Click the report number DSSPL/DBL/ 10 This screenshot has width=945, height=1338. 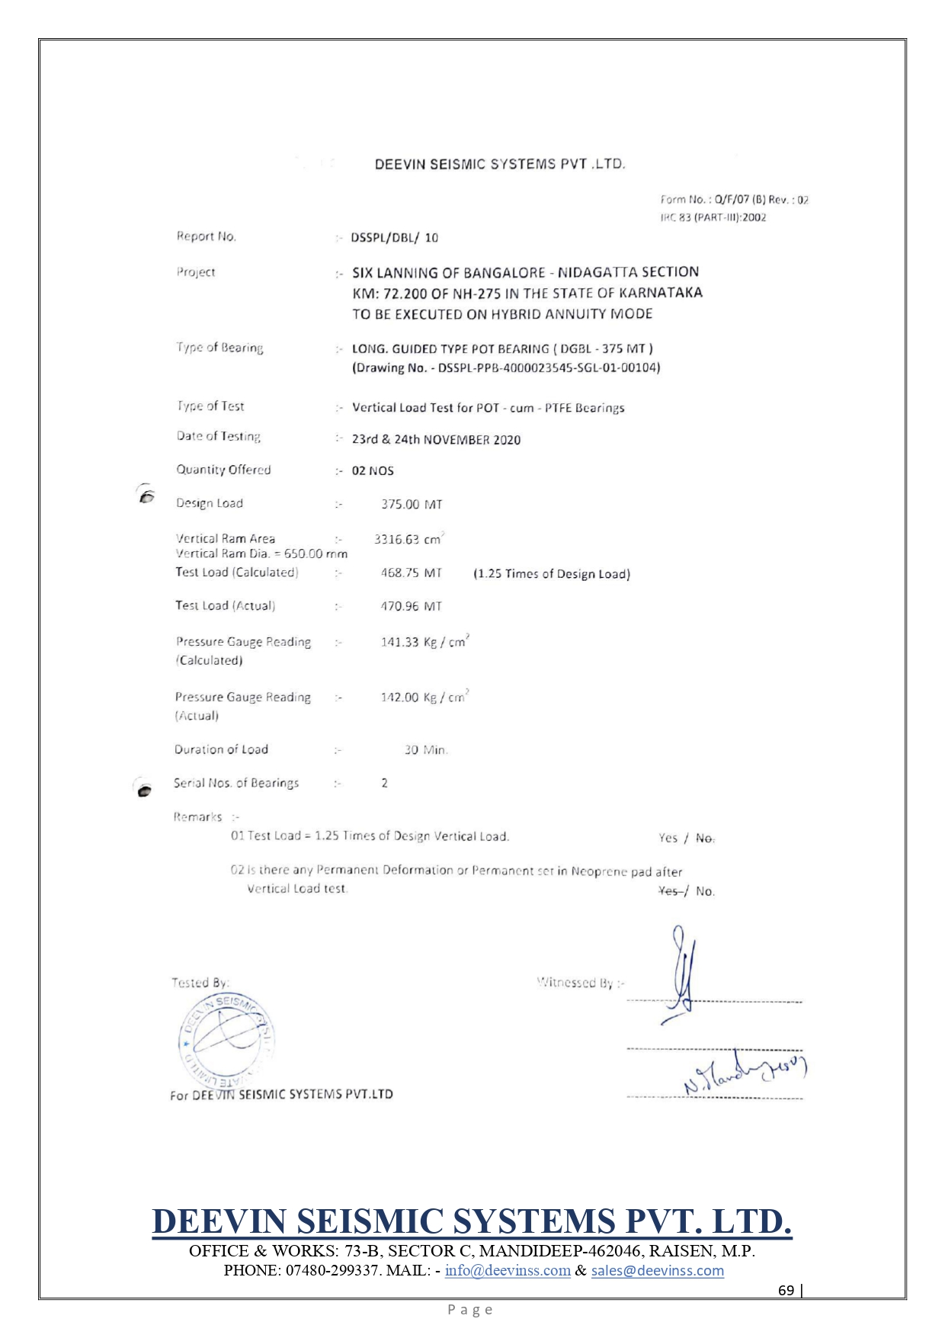[x=394, y=238]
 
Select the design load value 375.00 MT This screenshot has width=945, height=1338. [x=412, y=504]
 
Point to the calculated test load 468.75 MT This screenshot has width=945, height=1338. [x=411, y=573]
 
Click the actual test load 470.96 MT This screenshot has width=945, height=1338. [x=411, y=606]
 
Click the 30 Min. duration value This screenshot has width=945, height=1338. [x=425, y=750]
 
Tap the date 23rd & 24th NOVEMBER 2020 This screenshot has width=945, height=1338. [x=436, y=440]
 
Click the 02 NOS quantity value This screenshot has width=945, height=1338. [x=373, y=471]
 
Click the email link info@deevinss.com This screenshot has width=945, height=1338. [x=508, y=1270]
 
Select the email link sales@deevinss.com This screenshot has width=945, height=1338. [x=657, y=1270]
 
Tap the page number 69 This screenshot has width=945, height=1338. [x=786, y=1290]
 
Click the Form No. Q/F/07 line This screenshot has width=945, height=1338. [x=734, y=200]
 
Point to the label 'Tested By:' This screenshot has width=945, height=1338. [x=200, y=983]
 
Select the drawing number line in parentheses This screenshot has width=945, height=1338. [x=506, y=368]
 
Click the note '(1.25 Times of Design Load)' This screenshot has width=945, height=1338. [x=552, y=574]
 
